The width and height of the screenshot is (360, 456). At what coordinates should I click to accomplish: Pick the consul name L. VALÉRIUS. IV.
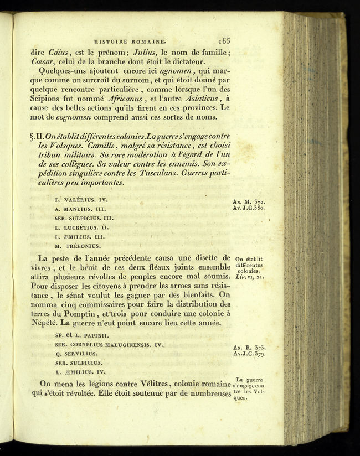click(81, 199)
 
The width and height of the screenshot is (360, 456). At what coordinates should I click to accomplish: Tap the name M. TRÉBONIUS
click(78, 246)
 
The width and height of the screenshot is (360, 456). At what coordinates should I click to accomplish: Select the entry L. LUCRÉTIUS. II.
click(83, 227)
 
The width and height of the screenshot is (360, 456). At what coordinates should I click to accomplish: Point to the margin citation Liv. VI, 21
click(249, 277)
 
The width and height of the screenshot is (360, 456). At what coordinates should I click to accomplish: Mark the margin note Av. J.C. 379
click(250, 353)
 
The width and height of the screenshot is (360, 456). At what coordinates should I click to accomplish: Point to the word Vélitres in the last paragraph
click(151, 384)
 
